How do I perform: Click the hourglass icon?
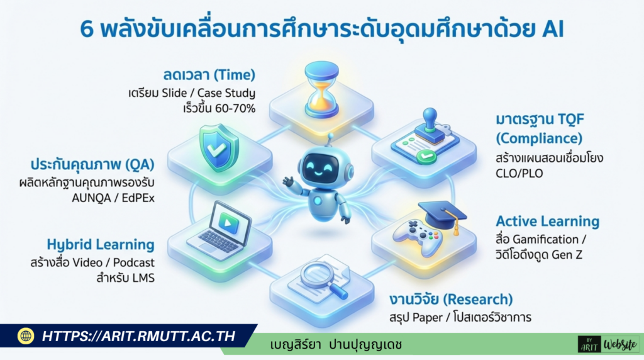click(x=322, y=89)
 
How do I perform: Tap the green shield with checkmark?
click(x=218, y=149)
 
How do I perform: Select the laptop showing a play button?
click(x=219, y=231)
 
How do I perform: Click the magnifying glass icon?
click(x=323, y=279)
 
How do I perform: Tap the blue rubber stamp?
click(x=430, y=126)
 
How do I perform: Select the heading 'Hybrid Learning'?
click(x=101, y=245)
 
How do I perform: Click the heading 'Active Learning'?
click(x=548, y=222)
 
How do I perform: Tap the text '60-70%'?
click(x=235, y=108)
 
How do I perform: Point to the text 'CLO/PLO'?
click(x=519, y=174)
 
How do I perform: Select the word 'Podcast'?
click(x=134, y=262)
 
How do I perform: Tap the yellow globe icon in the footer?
click(x=26, y=336)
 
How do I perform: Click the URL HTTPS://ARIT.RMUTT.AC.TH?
click(x=139, y=337)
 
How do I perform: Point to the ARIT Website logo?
click(x=608, y=344)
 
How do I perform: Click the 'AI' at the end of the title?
click(x=553, y=29)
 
